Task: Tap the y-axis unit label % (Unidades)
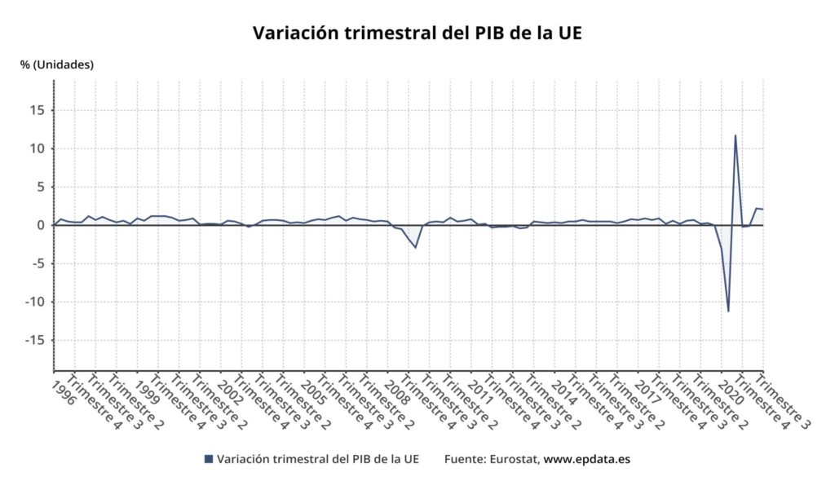coord(57,64)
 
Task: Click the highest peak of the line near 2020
coord(736,135)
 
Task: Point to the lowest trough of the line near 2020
coord(728,311)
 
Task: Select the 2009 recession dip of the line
coord(416,247)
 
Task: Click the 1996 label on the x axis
coord(64,391)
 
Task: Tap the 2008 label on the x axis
coord(399,391)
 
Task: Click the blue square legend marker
coord(208,459)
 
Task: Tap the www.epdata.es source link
coord(586,459)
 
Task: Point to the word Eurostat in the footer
coord(513,459)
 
